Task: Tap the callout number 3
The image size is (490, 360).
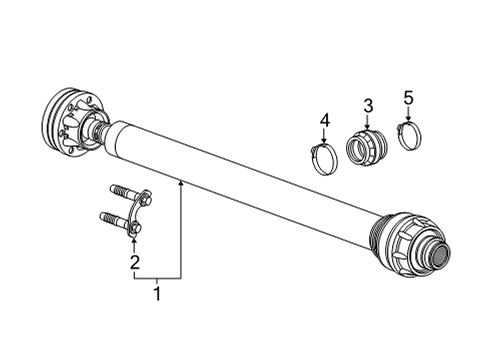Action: click(x=367, y=106)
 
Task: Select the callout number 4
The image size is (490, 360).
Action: click(x=324, y=122)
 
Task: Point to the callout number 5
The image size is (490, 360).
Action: click(x=408, y=97)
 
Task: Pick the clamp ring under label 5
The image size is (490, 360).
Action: click(x=410, y=133)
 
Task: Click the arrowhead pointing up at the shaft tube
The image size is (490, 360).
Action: click(x=180, y=183)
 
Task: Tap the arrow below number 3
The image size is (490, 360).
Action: click(x=367, y=124)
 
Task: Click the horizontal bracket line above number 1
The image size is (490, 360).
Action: click(x=157, y=276)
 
